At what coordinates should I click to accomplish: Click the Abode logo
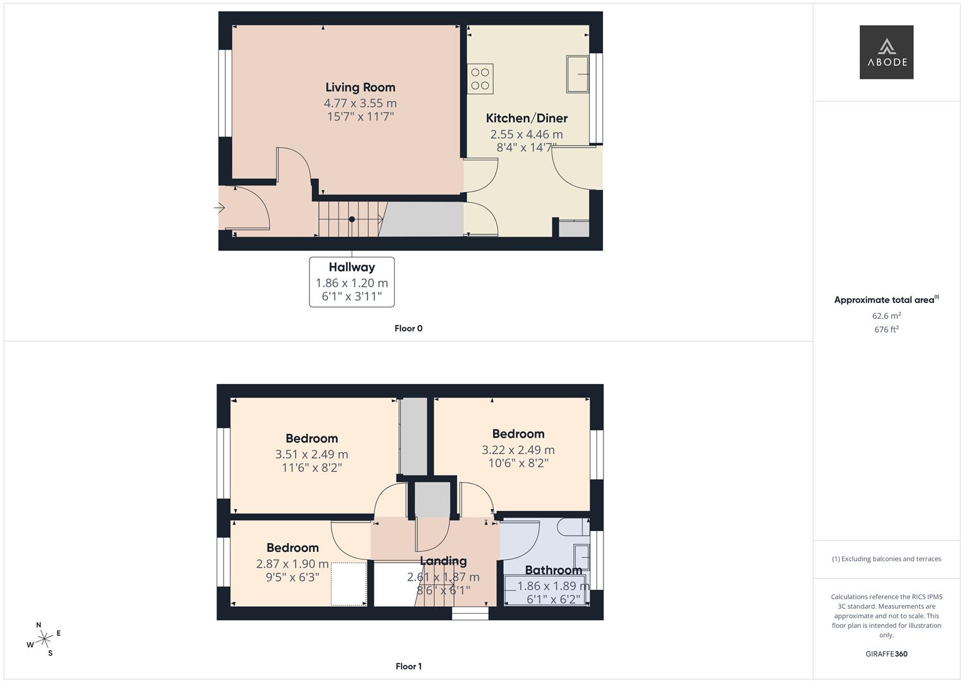click(886, 52)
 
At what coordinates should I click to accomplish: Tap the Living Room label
click(360, 88)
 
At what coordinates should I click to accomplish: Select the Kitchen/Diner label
click(527, 118)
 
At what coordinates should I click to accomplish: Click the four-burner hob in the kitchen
click(480, 79)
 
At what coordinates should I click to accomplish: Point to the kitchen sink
click(577, 75)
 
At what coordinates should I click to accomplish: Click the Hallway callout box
click(352, 282)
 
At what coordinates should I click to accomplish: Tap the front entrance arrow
click(220, 208)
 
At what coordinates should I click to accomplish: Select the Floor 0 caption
click(408, 328)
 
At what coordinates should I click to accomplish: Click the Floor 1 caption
click(408, 666)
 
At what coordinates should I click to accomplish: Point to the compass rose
click(44, 639)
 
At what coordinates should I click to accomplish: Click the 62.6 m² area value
click(886, 316)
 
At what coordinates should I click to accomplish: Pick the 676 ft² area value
click(886, 330)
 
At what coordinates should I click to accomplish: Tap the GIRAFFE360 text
click(886, 654)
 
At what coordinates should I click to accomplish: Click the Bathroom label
click(553, 570)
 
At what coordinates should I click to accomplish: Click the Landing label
click(443, 561)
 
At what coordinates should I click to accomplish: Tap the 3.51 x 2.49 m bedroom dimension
click(311, 454)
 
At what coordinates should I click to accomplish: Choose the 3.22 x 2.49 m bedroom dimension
click(518, 450)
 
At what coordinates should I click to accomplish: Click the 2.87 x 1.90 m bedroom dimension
click(292, 564)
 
